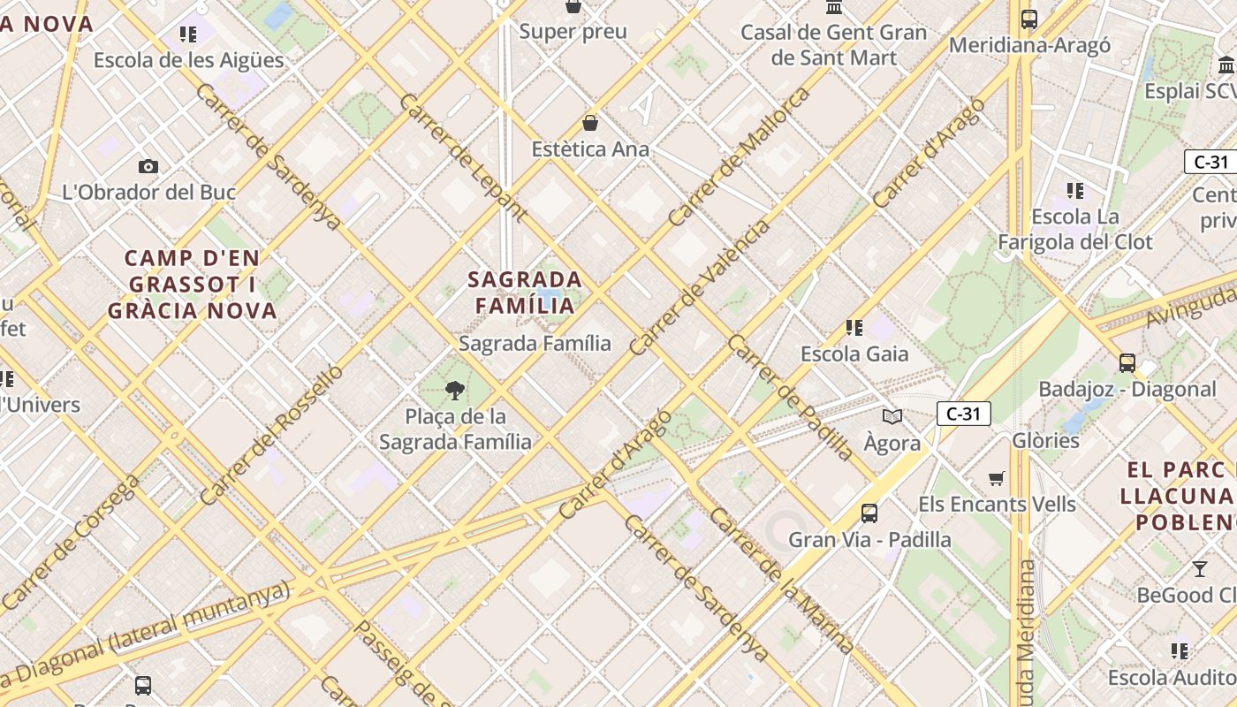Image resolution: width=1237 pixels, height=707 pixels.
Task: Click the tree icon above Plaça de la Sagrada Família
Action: click(455, 389)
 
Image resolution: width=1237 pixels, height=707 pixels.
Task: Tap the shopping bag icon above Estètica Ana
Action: click(590, 123)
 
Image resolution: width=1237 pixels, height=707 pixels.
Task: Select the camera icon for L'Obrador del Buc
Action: click(148, 166)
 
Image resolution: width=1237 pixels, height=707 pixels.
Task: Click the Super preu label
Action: click(573, 32)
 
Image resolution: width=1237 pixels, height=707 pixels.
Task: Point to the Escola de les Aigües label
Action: click(188, 60)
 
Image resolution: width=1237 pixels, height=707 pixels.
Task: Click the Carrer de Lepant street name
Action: click(462, 156)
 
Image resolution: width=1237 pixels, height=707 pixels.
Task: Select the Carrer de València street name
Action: click(699, 288)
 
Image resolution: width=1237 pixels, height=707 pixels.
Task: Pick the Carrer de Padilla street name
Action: click(791, 398)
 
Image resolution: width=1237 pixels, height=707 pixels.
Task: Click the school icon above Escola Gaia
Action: click(854, 328)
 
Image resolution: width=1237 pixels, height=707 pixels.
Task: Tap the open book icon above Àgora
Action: click(892, 416)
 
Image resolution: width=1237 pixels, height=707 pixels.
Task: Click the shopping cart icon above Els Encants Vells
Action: click(997, 478)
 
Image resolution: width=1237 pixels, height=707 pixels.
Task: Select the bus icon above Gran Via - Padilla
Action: click(869, 513)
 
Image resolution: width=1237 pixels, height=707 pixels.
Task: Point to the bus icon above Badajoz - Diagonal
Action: click(1127, 362)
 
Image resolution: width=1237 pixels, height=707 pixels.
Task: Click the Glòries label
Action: click(1045, 440)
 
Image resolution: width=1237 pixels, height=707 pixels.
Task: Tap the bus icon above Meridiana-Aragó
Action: click(1028, 19)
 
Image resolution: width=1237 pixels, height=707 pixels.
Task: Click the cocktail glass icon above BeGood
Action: click(1199, 568)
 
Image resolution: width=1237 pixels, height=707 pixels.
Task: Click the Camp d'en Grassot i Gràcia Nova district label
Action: click(192, 284)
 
